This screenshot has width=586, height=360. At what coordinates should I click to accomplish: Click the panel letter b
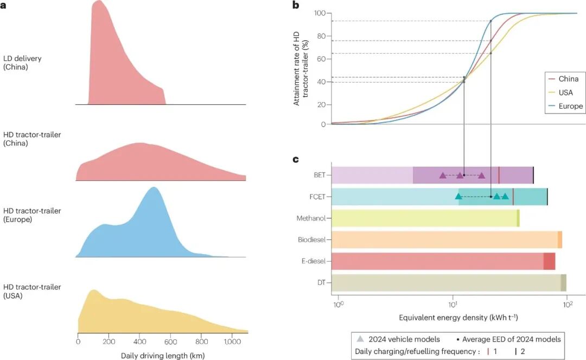click(x=296, y=5)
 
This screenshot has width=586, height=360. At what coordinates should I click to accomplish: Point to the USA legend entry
click(x=565, y=92)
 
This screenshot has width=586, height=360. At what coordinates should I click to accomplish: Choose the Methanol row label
click(x=310, y=218)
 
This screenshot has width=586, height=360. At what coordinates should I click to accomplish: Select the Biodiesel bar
click(x=445, y=239)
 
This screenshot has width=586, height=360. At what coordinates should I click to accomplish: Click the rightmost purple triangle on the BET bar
click(x=482, y=175)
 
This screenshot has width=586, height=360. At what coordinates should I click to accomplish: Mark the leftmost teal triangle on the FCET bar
click(x=458, y=197)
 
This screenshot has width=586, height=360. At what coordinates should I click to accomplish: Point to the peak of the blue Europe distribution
click(x=154, y=188)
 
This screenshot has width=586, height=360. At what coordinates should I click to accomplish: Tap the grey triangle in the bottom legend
click(x=361, y=339)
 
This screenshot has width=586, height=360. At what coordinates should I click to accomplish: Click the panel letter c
click(x=296, y=160)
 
